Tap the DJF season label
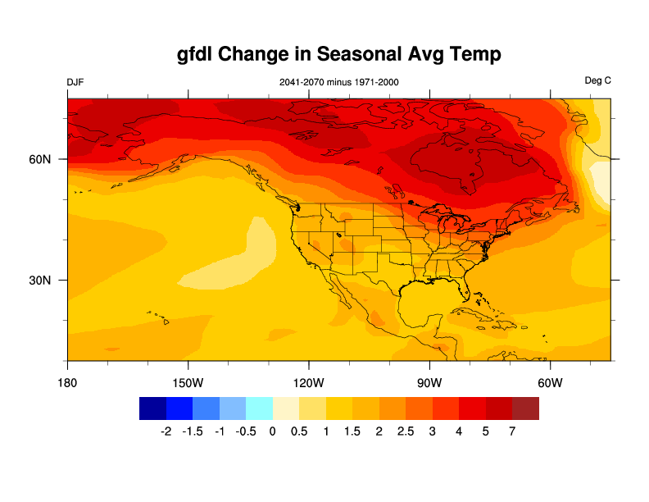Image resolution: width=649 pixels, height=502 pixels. (75, 82)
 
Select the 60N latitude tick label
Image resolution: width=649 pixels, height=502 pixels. (41, 159)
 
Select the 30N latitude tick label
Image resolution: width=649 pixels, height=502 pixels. (41, 281)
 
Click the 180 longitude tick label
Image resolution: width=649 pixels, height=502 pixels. (67, 383)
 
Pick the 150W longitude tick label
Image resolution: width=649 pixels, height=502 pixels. (188, 383)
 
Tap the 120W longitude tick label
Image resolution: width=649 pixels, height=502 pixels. (309, 383)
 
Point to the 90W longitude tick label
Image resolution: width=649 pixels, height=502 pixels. (429, 383)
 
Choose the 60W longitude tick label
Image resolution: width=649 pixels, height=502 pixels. (550, 383)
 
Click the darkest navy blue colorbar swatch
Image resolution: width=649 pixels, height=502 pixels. (153, 408)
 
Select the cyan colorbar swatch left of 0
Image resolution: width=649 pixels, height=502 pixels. (260, 408)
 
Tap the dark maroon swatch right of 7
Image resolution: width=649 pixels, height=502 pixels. (526, 408)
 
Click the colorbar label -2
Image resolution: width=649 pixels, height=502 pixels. (166, 431)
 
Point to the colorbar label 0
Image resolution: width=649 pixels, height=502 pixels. (273, 431)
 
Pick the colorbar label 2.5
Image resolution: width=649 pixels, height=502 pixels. (406, 431)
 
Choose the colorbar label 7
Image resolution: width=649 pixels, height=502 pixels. (512, 431)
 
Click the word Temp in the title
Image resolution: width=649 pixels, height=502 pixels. (471, 55)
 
